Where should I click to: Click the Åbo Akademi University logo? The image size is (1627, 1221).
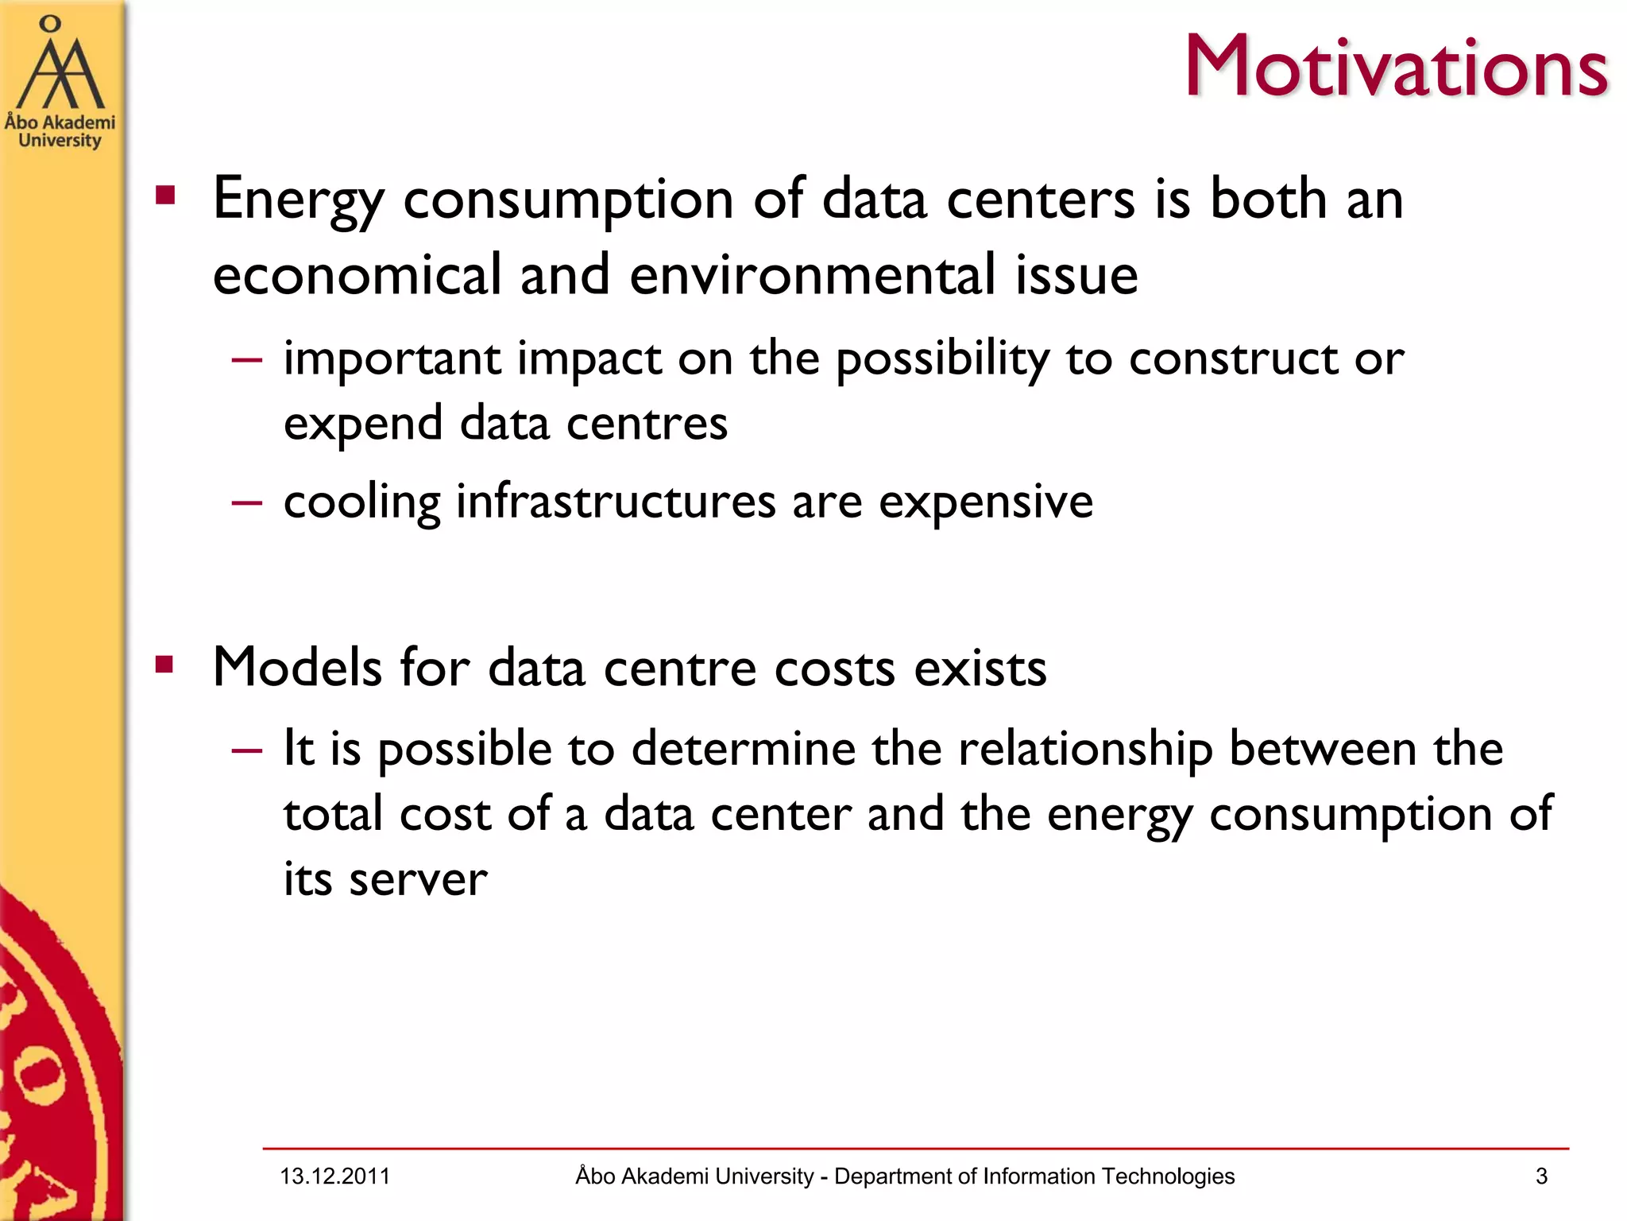60,83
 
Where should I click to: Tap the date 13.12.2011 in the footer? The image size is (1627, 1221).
334,1176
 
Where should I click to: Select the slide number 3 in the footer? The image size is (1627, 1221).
1541,1176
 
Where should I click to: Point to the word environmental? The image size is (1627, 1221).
812,275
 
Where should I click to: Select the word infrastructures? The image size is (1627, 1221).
615,502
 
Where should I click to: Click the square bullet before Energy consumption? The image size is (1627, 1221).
165,196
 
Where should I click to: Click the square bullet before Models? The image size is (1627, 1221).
165,665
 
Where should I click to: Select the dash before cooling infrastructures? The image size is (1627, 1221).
247,503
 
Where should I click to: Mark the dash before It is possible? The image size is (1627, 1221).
247,750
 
